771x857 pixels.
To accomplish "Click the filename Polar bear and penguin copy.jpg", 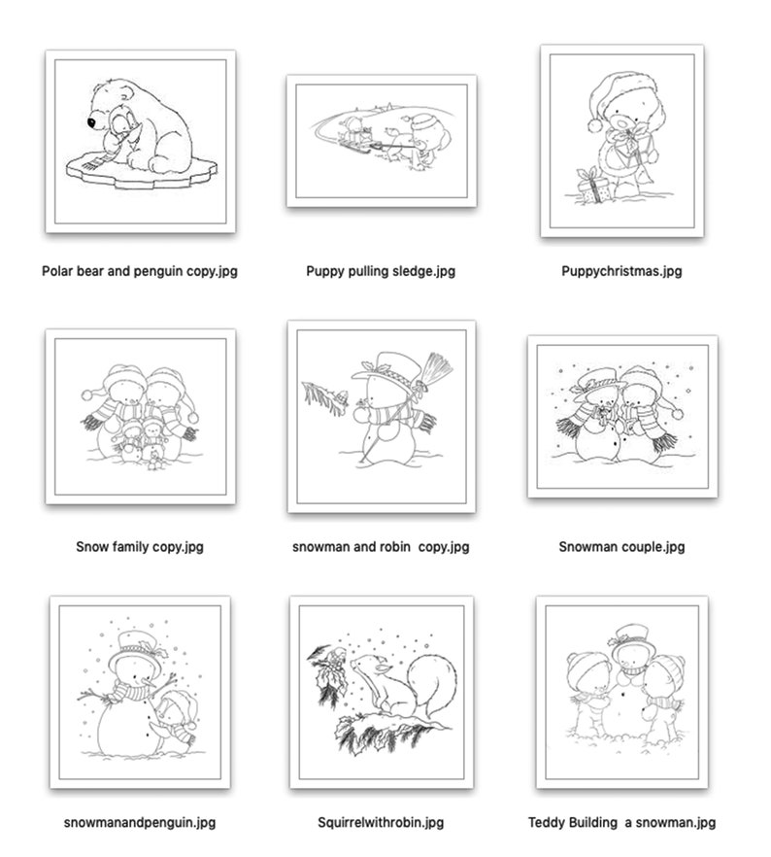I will tap(140, 271).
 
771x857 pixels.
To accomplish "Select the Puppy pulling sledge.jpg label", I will tap(381, 271).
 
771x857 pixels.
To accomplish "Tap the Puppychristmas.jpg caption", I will tap(621, 271).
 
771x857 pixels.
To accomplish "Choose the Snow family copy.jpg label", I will tap(140, 546).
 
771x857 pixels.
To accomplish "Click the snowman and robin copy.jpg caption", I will tap(381, 546).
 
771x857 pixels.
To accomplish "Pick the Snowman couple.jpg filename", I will tap(621, 546).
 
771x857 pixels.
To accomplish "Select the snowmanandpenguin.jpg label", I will tap(140, 822).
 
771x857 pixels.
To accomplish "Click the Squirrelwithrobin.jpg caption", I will tap(381, 822).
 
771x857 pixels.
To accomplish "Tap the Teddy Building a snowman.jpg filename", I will tap(621, 822).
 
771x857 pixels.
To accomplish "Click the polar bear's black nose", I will tap(90, 123).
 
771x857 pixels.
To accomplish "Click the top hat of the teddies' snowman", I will tap(627, 634).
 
